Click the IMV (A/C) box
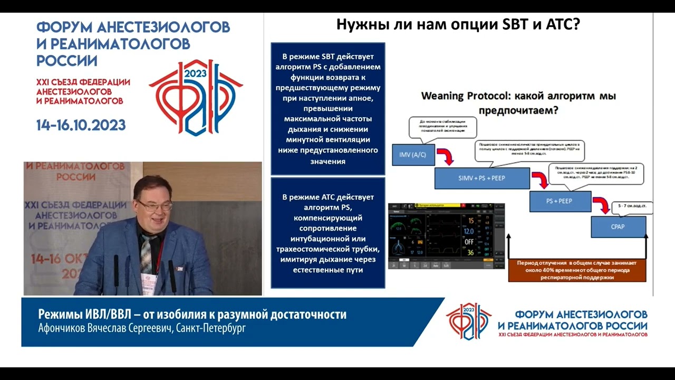(413, 154)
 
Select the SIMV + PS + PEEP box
(481, 178)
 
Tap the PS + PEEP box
(558, 201)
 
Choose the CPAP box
(618, 227)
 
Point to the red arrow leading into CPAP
(600, 204)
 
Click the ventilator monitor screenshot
(446, 236)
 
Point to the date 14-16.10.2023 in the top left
(81, 126)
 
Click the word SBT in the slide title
(511, 25)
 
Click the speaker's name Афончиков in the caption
(63, 328)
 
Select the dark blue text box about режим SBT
(327, 109)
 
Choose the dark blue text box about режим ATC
(327, 233)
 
